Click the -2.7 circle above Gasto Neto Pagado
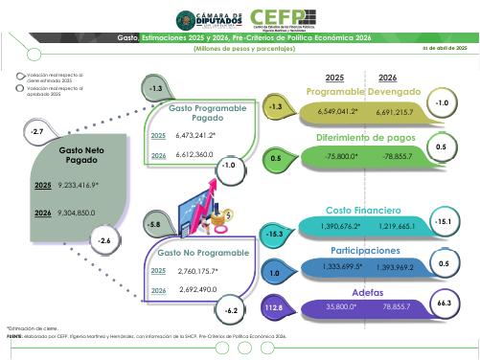coord(37,130)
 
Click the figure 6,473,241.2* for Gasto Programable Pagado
coord(195,137)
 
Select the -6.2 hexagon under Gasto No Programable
coord(230,311)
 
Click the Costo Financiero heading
coord(362,209)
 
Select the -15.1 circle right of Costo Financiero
coord(443,223)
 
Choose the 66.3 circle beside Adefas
coord(443,303)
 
